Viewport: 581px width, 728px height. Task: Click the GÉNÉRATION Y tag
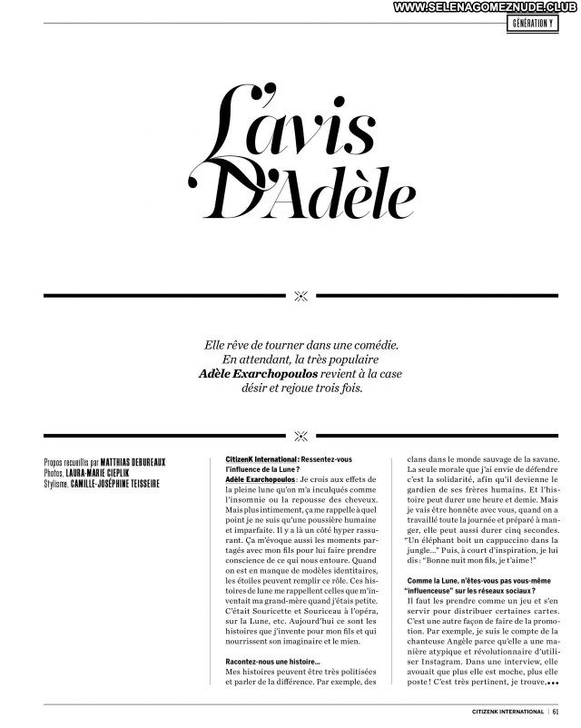click(x=532, y=23)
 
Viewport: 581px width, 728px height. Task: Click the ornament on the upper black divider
click(x=301, y=295)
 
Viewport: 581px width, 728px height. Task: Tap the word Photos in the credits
click(x=54, y=473)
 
